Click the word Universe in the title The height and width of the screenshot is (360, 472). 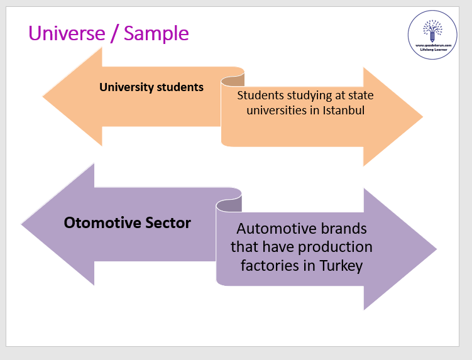[66, 32]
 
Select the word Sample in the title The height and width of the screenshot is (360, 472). [156, 33]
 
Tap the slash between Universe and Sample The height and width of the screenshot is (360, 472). [113, 33]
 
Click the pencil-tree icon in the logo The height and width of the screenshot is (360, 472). [432, 29]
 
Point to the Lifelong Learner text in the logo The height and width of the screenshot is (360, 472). [432, 50]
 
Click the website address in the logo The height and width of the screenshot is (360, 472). [432, 45]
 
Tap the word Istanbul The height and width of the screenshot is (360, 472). [344, 111]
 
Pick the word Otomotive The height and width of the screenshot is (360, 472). [99, 222]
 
